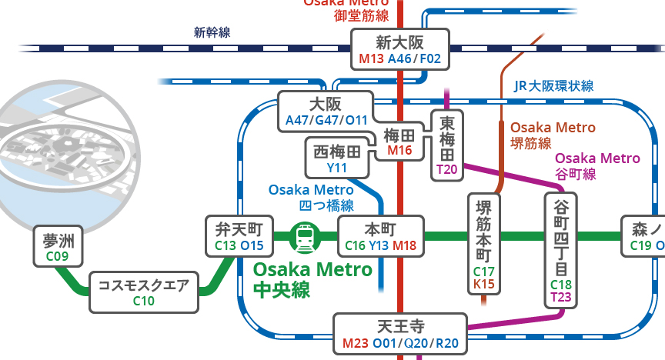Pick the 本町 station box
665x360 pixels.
[380, 236]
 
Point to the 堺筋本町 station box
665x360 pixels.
[484, 244]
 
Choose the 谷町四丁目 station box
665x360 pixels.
[561, 249]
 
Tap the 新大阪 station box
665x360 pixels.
[400, 50]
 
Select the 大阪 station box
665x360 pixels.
[325, 111]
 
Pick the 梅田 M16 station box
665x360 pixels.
[399, 142]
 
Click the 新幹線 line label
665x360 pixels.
[212, 32]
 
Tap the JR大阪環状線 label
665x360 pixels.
[553, 87]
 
